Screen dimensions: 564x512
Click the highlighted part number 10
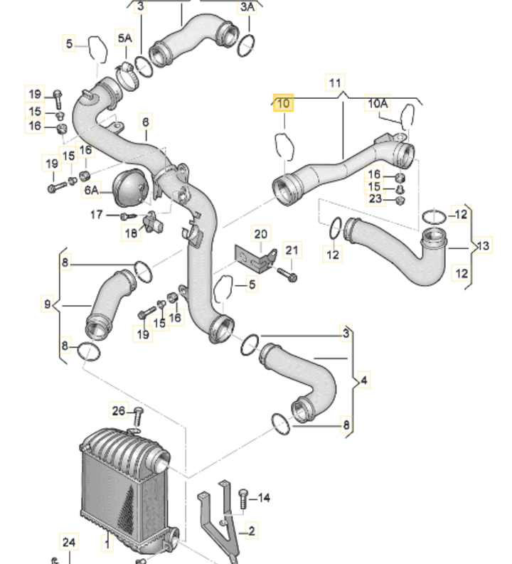click(284, 105)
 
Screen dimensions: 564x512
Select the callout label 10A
click(378, 104)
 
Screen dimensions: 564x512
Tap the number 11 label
click(335, 83)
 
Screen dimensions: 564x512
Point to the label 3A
click(247, 7)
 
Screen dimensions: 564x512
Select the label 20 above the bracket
click(261, 234)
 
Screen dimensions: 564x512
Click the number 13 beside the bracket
click(484, 246)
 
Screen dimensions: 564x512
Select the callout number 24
click(68, 543)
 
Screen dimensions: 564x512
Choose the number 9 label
click(48, 304)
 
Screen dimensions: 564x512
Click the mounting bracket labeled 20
click(256, 257)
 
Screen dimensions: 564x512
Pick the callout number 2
click(251, 531)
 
